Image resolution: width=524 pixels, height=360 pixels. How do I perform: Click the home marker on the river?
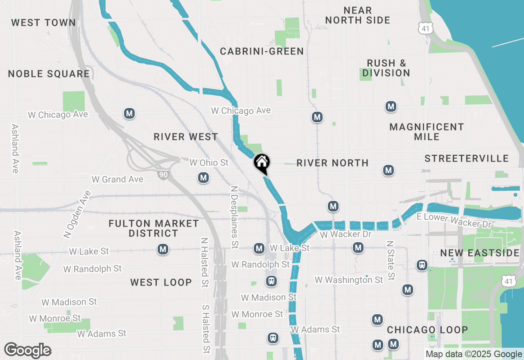coord(262,163)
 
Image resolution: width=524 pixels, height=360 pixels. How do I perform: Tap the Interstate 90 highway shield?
coord(163,175)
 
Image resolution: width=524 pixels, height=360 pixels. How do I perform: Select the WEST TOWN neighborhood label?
coord(43,22)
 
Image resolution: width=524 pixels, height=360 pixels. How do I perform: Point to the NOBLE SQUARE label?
coord(49,74)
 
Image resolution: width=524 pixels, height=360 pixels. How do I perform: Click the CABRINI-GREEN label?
coord(262,51)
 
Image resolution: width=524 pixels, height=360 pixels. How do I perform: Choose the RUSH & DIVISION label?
coord(386,68)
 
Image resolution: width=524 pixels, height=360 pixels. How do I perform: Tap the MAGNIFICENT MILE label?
coord(427,132)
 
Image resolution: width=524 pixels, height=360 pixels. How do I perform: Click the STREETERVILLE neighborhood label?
coord(467,158)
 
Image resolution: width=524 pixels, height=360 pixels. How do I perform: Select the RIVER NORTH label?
coord(332,163)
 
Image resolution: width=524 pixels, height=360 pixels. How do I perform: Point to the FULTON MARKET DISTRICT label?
coord(154,228)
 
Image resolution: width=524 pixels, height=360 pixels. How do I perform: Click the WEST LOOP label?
coord(161,282)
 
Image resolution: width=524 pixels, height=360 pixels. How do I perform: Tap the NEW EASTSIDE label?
coord(480,253)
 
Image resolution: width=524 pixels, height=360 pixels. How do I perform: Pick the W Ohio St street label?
coord(209,163)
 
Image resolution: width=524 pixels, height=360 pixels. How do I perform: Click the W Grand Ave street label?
coord(117,179)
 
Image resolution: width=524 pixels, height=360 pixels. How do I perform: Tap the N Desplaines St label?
coord(234,217)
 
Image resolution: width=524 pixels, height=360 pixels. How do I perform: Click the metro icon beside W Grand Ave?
coord(203,178)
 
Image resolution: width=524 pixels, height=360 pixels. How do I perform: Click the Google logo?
coord(28,350)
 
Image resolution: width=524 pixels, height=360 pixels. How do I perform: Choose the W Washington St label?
coord(349,280)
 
